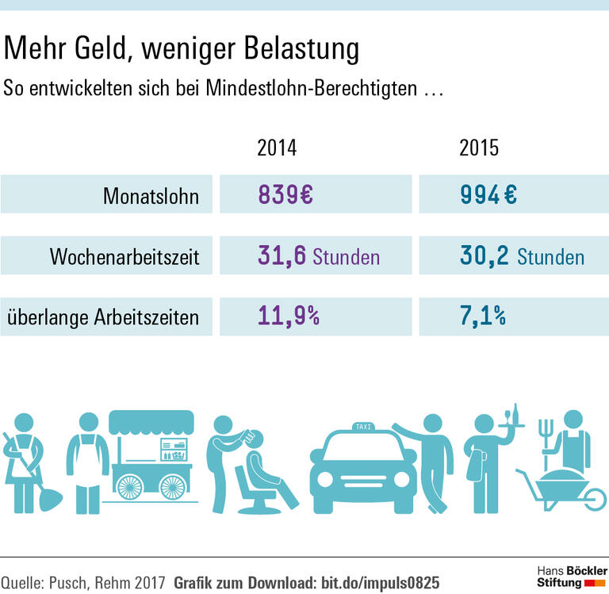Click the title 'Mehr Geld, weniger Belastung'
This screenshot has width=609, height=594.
182,49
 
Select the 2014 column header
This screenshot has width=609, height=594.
277,148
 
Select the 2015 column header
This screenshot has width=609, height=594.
479,148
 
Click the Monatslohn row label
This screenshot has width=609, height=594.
151,196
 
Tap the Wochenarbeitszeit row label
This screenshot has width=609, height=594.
124,257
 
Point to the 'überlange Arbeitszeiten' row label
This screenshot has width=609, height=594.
103,318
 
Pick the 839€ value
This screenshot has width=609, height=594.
285,196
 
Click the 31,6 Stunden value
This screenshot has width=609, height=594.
318,256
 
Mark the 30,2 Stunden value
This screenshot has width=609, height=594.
522,256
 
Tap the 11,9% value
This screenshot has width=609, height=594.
288,317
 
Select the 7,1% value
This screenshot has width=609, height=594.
482,317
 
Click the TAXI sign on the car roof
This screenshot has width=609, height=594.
362,427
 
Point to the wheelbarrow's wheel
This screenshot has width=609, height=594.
588,498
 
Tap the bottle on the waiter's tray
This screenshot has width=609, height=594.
515,413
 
